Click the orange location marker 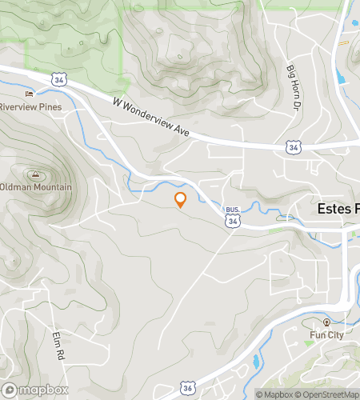pos(180,200)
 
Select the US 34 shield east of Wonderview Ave pos(294,148)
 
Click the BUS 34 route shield pos(232,218)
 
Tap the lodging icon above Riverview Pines pos(30,94)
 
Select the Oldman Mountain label pos(36,187)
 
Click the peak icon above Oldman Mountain pos(34,174)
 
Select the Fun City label pos(326,334)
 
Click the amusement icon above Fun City pos(327,322)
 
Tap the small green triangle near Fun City pos(309,342)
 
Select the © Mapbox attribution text pos(274,394)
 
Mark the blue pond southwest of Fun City pos(256,362)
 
